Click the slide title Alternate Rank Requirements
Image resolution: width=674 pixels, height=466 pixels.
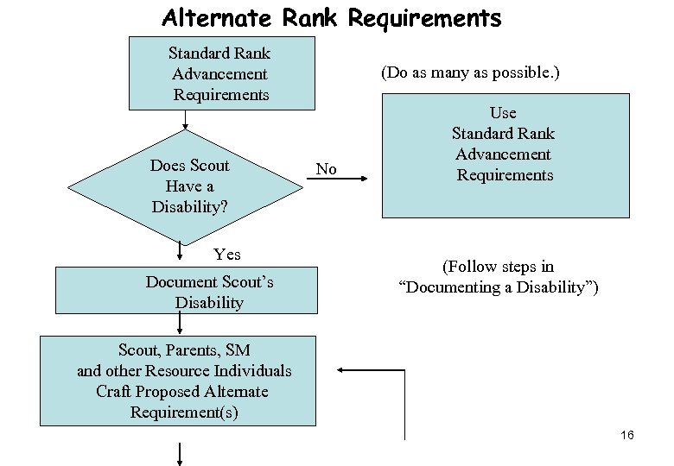click(331, 18)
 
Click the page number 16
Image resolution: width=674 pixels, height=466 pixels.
click(626, 435)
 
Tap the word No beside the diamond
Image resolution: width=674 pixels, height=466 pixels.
click(326, 169)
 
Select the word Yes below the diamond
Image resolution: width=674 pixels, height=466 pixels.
click(227, 255)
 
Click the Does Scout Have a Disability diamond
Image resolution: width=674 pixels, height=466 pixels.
click(189, 186)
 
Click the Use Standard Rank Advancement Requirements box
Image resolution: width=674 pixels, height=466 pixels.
click(505, 154)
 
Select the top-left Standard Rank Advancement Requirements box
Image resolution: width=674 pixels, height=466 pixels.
click(221, 74)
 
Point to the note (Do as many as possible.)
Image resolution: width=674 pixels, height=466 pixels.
click(470, 72)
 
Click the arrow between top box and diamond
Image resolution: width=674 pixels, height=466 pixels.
click(184, 121)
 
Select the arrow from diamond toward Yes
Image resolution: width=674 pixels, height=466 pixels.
click(180, 251)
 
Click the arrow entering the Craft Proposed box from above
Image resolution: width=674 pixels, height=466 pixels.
click(180, 324)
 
